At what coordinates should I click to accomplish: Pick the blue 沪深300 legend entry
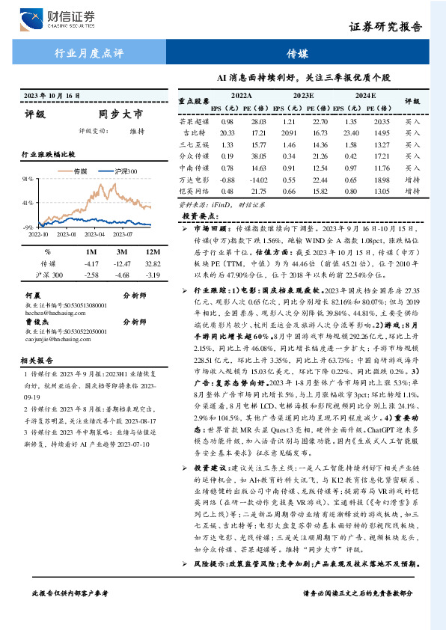[121, 171]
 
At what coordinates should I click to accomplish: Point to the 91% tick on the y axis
[28, 179]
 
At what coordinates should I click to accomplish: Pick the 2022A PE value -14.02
[259, 180]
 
